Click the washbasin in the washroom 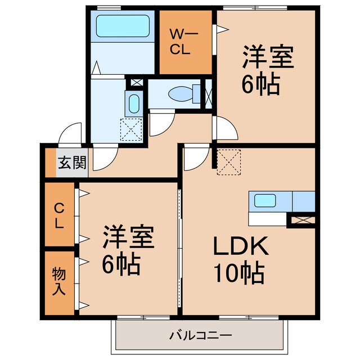pos(134,104)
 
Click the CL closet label pos(58,214)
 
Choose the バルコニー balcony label pos(200,336)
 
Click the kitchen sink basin pos(264,200)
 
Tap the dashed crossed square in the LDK pos(228,161)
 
